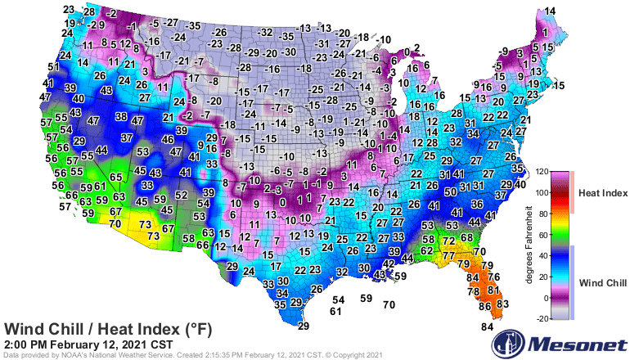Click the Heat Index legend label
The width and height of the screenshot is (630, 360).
(603, 193)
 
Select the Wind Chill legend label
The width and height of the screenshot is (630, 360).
(603, 282)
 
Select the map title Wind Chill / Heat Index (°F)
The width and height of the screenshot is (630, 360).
(108, 329)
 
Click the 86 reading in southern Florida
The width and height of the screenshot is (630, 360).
(484, 306)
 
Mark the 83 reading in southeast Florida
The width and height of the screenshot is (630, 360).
(502, 304)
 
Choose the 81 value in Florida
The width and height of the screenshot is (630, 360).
(493, 289)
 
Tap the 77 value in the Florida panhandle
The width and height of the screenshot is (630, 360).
(448, 256)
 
